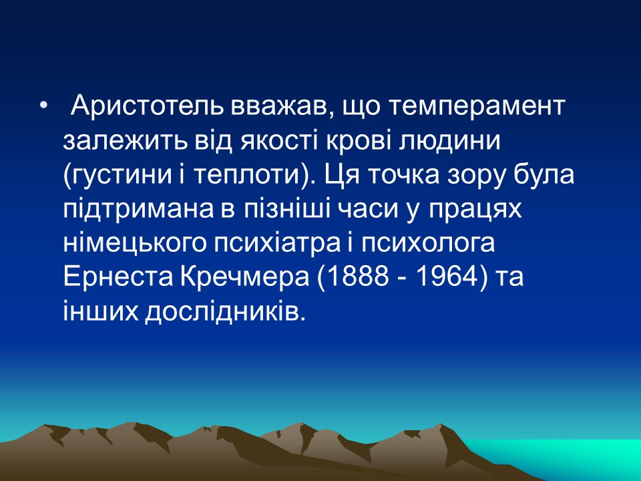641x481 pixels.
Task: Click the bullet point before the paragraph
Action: coord(43,107)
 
